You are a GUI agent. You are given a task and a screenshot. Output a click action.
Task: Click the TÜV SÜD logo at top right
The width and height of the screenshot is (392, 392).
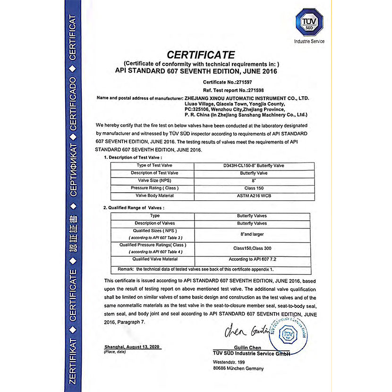[x=309, y=23]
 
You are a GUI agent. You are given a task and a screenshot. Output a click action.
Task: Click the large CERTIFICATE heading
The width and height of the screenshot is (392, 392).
[x=201, y=55]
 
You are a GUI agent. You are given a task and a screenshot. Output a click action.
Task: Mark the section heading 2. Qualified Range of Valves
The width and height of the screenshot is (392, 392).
[x=134, y=207]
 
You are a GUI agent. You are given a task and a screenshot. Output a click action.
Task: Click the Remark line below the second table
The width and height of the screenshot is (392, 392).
[x=192, y=269]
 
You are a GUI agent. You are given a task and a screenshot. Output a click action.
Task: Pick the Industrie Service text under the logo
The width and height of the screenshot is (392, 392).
[x=309, y=42]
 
